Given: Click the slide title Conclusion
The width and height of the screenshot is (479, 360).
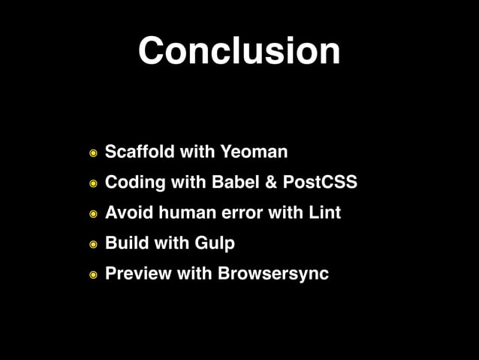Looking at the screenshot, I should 239,51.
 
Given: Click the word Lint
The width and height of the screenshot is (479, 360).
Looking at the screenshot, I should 325,213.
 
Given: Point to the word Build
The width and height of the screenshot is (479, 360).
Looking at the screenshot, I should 127,244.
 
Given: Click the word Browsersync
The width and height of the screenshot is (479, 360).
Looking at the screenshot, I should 273,274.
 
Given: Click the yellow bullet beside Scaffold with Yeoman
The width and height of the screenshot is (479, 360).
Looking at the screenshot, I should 92,153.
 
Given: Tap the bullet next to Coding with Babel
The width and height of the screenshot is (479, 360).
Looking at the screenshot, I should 92,183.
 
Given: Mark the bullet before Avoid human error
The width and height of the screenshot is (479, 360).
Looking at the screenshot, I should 92,214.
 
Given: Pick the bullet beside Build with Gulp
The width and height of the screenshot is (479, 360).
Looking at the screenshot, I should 92,244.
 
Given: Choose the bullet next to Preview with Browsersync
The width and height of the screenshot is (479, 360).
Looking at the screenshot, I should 92,275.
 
